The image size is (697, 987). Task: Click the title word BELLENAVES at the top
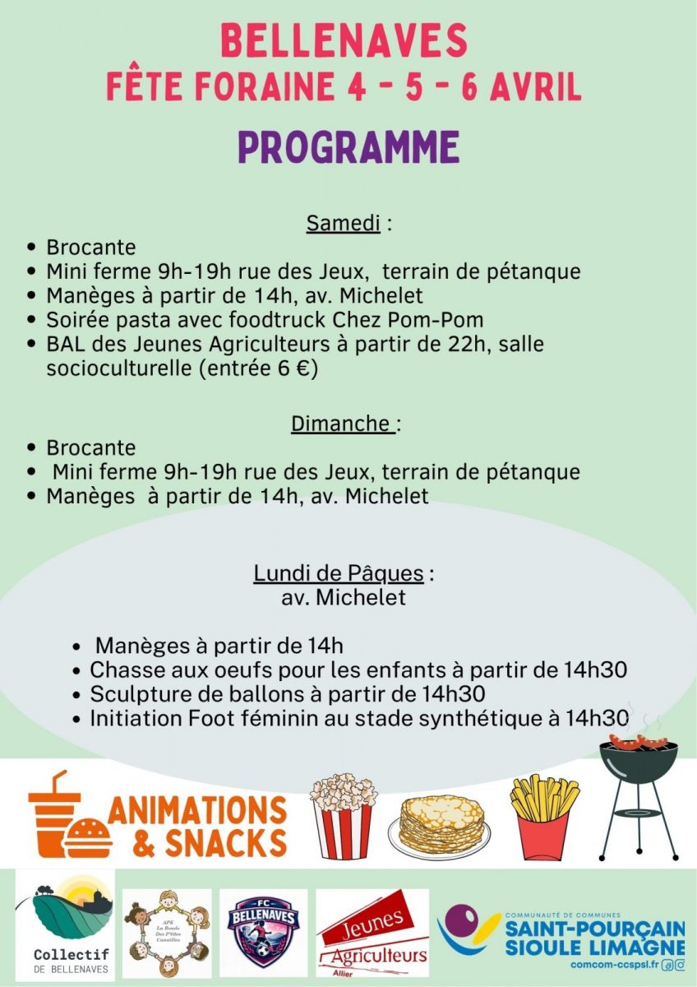pyautogui.click(x=344, y=41)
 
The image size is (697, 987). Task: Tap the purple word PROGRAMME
pyautogui.click(x=348, y=147)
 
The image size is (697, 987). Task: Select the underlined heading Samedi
pyautogui.click(x=343, y=223)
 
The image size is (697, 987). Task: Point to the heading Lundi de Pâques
pyautogui.click(x=338, y=572)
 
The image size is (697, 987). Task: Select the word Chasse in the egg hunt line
pyautogui.click(x=123, y=670)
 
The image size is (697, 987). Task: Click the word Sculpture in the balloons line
pyautogui.click(x=136, y=693)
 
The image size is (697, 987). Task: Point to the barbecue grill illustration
pyautogui.click(x=638, y=781)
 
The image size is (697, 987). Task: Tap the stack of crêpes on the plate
pyautogui.click(x=442, y=825)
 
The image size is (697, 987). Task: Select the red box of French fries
pyautogui.click(x=543, y=818)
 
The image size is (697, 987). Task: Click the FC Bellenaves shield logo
pyautogui.click(x=265, y=932)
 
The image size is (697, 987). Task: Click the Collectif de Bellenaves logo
pyautogui.click(x=65, y=925)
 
